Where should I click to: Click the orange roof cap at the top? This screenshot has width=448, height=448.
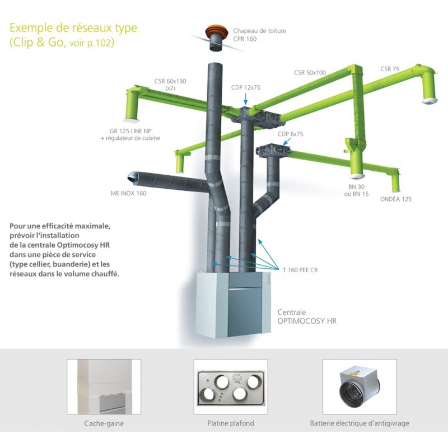point(217,31)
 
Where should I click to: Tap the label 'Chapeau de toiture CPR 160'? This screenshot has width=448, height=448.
point(259,35)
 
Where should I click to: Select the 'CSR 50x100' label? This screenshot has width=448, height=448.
point(310,73)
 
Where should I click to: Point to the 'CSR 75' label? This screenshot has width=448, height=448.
point(390,69)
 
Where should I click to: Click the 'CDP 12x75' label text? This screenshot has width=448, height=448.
point(246,87)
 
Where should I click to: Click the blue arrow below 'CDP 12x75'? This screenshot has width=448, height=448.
point(245,99)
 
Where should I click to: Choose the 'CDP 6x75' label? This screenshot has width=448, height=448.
point(290,134)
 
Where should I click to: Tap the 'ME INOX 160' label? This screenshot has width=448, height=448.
point(128,193)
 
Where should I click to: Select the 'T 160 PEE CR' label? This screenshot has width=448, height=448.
point(300,270)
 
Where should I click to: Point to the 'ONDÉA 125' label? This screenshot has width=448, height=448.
point(396,199)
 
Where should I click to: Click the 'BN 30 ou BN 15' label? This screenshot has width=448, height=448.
point(356,190)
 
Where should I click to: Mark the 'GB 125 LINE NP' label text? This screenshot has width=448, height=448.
point(130,131)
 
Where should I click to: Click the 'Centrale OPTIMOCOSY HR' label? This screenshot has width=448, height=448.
point(307,316)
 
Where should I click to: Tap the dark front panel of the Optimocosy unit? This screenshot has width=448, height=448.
point(245,311)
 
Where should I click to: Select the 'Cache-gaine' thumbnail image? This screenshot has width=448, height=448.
point(104,386)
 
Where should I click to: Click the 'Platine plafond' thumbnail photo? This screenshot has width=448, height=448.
point(231,386)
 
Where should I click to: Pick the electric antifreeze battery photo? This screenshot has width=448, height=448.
point(360,386)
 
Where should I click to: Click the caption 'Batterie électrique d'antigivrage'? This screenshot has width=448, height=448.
point(360,423)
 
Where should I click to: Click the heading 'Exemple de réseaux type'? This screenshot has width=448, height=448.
point(73,28)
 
